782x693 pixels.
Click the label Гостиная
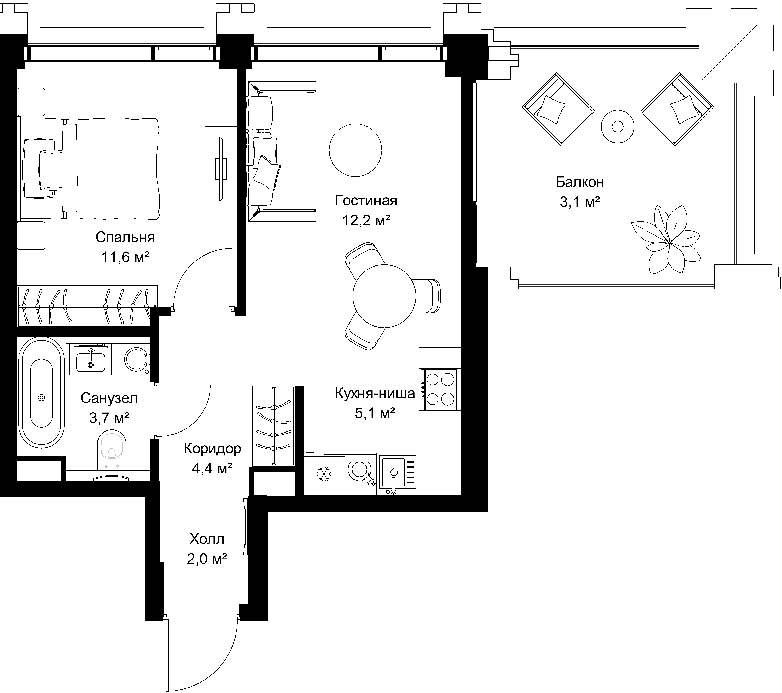click(366, 201)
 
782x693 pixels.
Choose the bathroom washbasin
click(91, 360)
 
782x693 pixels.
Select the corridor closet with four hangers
click(274, 426)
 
